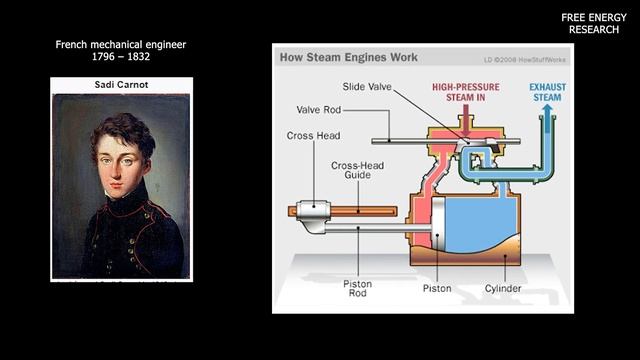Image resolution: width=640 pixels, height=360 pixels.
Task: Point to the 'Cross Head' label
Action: click(x=313, y=135)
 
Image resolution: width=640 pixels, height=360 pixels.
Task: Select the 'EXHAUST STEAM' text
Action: click(x=550, y=93)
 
